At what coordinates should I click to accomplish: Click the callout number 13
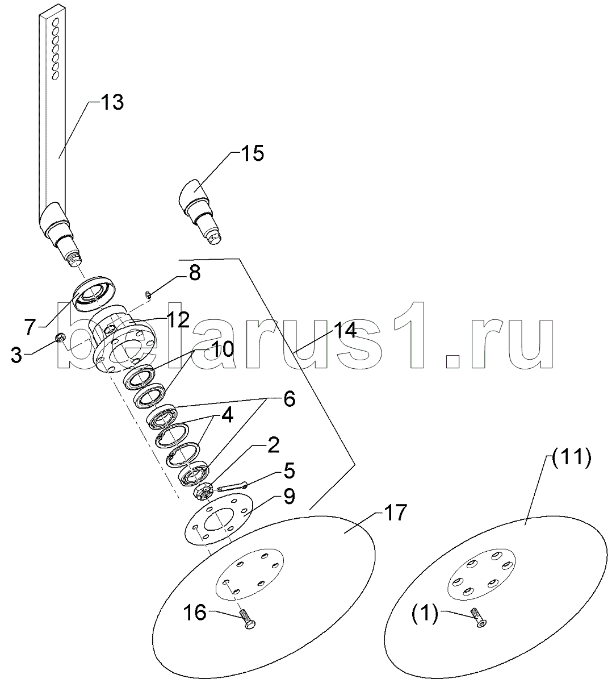112,103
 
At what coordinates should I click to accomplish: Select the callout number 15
253,153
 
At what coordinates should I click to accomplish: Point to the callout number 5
288,471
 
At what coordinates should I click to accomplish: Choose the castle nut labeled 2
204,490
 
